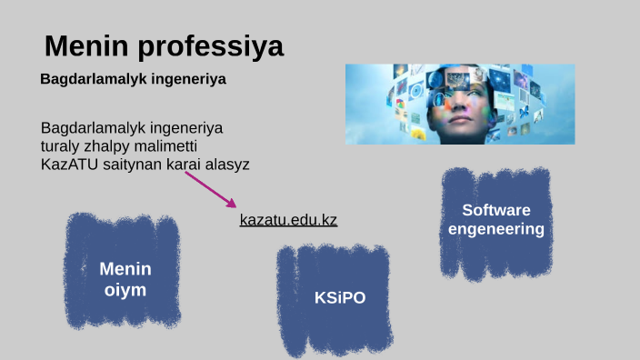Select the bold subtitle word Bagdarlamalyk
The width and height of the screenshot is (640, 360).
coord(85,79)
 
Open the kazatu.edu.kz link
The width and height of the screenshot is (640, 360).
coord(288,220)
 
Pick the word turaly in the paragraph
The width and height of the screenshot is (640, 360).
coord(60,146)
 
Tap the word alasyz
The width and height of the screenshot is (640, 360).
coord(225,165)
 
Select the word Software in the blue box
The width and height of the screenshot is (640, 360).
coord(496,210)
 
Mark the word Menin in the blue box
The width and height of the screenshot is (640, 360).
coord(125,269)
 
